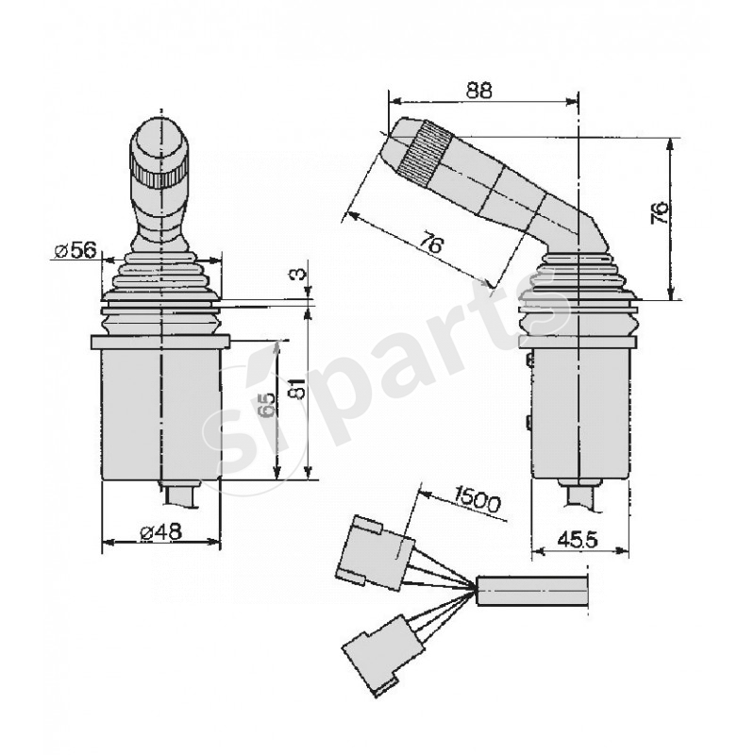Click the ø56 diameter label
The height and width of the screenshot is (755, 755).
click(75, 250)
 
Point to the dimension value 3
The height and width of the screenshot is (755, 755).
click(298, 274)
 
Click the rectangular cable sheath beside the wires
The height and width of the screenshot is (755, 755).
click(533, 590)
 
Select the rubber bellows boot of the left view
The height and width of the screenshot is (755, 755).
click(160, 288)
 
